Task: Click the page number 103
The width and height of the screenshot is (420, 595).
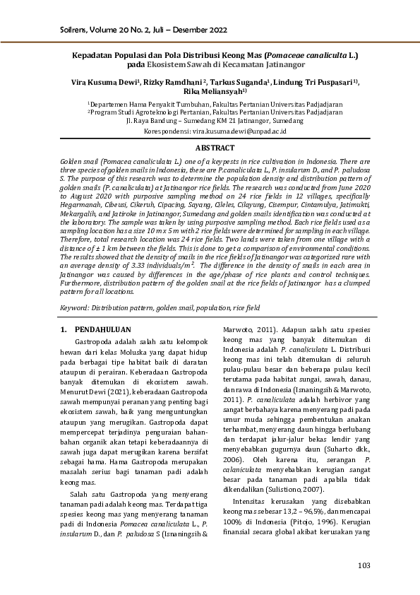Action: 364,565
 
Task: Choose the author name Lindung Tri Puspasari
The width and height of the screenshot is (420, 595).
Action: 316,82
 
